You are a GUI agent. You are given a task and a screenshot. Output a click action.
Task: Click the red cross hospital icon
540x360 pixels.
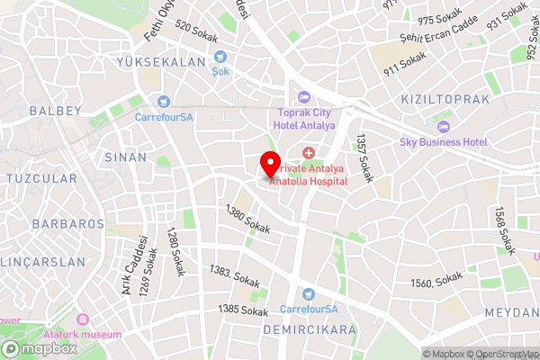tap(310, 155)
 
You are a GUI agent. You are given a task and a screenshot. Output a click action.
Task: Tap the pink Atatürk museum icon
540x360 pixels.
tap(83, 319)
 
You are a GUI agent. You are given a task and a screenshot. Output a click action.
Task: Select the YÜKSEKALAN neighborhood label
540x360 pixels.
tap(161, 61)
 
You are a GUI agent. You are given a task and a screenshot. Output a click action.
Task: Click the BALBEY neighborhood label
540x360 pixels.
tap(55, 111)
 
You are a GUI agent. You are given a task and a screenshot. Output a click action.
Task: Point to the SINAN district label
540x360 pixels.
tap(125, 157)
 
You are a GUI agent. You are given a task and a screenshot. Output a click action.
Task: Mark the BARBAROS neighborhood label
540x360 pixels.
tap(68, 222)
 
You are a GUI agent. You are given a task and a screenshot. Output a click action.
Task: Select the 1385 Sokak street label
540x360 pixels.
tap(243, 310)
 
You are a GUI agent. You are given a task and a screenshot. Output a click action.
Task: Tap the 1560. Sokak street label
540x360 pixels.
tap(436, 283)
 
